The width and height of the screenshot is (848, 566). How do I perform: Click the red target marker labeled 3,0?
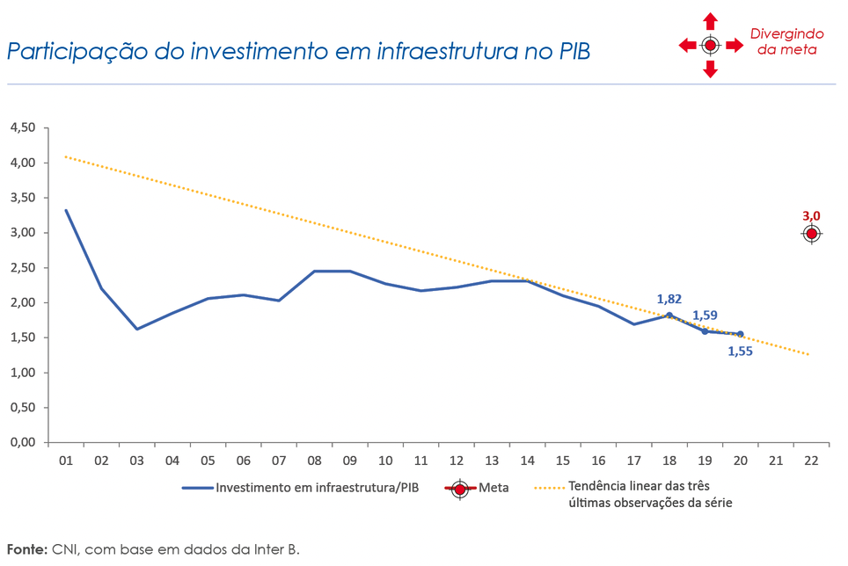[811, 234]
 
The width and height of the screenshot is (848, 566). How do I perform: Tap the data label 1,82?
[669, 299]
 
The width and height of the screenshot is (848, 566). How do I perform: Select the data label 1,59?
[705, 315]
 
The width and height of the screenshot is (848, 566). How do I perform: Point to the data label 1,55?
[740, 352]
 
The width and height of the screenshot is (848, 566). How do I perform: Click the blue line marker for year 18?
[669, 315]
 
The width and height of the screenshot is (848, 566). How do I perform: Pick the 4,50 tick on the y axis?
[22, 127]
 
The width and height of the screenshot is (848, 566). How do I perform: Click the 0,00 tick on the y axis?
[22, 442]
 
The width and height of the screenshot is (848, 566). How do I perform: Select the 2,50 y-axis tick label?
[22, 267]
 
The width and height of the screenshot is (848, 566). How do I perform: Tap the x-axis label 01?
[65, 460]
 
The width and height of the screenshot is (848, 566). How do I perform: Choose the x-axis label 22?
[811, 460]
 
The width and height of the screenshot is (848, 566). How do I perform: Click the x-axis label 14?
[527, 460]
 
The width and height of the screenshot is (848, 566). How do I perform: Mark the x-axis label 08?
[314, 460]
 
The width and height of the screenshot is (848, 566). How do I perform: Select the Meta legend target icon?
[460, 490]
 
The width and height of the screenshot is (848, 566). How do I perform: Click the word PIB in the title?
[568, 51]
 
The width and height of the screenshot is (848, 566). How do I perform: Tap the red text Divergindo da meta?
[786, 42]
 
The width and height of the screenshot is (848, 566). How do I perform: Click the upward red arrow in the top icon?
[711, 22]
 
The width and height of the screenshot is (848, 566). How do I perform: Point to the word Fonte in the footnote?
[27, 549]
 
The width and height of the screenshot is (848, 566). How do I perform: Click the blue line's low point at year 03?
[136, 329]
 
